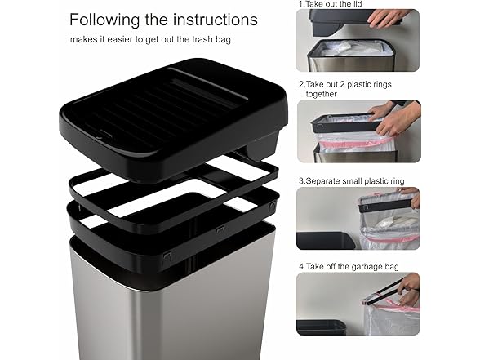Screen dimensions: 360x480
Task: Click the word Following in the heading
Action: point(104,20)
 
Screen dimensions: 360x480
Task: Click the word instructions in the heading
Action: point(213,20)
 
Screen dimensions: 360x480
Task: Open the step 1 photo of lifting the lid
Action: point(358,40)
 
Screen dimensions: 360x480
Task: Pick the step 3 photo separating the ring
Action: point(358,218)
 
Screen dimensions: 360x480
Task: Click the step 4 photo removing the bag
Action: point(358,304)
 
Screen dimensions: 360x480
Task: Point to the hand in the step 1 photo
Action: point(390,16)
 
